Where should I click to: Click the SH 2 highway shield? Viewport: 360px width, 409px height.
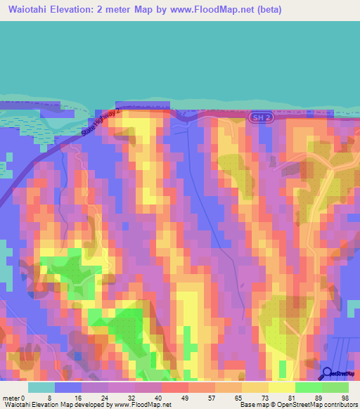(260, 118)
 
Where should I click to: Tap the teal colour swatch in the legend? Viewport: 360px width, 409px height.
(41, 387)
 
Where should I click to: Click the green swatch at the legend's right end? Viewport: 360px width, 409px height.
(335, 387)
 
